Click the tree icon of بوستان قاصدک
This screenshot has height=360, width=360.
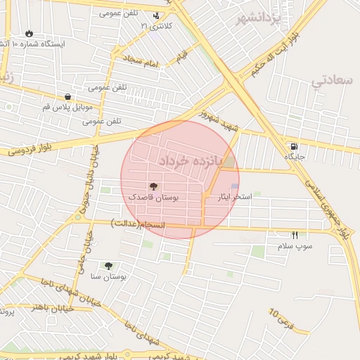pyautogui.click(x=153, y=186)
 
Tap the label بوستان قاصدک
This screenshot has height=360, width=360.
pyautogui.click(x=153, y=198)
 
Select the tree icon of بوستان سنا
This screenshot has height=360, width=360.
pyautogui.click(x=108, y=265)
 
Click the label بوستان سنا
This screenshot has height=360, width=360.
pyautogui.click(x=108, y=277)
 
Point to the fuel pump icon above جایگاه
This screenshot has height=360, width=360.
pyautogui.click(x=292, y=146)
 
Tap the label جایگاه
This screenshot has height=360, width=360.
pyautogui.click(x=294, y=157)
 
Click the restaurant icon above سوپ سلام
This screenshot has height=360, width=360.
pyautogui.click(x=295, y=235)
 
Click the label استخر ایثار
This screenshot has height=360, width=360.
pyautogui.click(x=236, y=198)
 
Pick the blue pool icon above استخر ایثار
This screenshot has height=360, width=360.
pyautogui.click(x=235, y=186)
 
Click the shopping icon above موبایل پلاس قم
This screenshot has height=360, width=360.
pyautogui.click(x=67, y=97)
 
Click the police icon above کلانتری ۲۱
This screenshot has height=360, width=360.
pyautogui.click(x=156, y=15)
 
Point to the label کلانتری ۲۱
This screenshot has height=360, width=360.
pyautogui.click(x=156, y=26)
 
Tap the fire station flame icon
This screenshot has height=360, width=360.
pyautogui.click(x=29, y=33)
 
